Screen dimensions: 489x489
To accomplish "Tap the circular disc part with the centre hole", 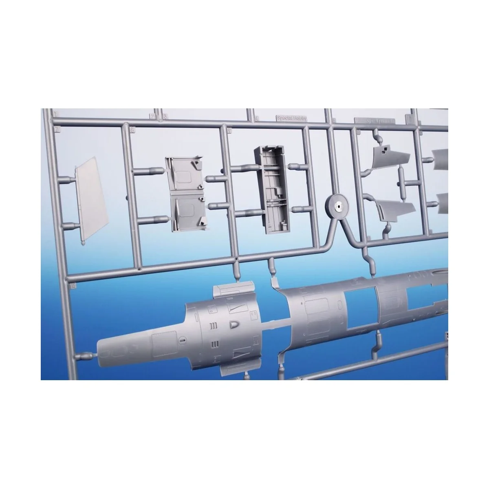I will [x=337, y=207].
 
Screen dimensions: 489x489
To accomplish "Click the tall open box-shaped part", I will [x=271, y=189].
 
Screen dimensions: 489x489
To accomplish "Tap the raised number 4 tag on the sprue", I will [x=256, y=119].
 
